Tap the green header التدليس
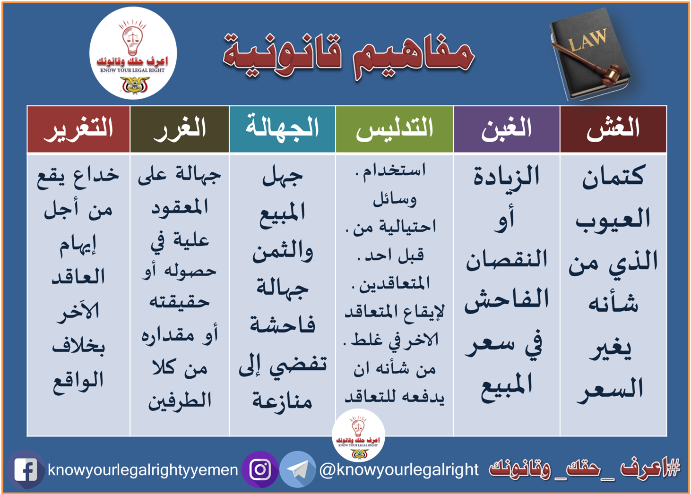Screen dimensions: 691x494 395,129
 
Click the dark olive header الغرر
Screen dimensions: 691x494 180,129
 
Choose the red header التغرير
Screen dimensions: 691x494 78,129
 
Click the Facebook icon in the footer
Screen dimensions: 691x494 26,469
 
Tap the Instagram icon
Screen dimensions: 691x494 260,469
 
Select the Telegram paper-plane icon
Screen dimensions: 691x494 298,469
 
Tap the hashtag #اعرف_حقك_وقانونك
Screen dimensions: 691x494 584,469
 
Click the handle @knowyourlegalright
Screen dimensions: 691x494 399,469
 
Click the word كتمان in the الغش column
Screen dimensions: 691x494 613,176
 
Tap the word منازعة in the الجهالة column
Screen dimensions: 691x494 282,400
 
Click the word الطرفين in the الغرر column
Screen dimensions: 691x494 180,400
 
